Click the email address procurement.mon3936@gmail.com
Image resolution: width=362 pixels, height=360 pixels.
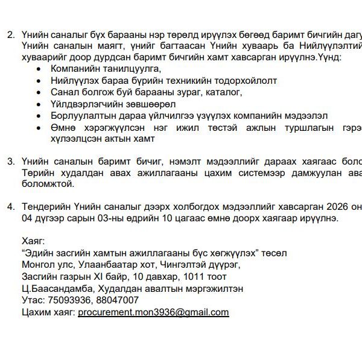pos(153,312)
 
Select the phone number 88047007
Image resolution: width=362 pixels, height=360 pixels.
pos(118,300)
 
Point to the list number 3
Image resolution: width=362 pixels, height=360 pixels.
pos(10,161)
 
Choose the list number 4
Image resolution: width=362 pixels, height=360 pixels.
pos(10,206)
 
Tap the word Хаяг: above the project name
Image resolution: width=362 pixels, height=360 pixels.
pos(33,240)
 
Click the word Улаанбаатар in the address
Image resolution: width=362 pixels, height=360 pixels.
pos(100,264)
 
